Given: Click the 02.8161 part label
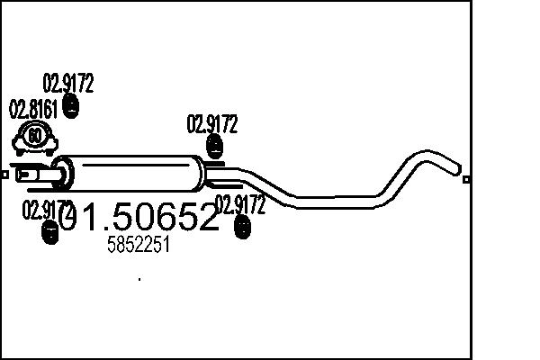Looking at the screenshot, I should (33, 111).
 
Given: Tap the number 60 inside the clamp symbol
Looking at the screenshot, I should (34, 137).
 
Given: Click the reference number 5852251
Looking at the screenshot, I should (138, 246).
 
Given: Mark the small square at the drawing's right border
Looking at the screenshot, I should (466, 179).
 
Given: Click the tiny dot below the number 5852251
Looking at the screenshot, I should (139, 279).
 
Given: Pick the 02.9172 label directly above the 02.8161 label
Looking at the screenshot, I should (68, 85).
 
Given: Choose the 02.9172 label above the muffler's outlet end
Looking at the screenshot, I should (211, 124).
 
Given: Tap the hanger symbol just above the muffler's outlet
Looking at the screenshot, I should (214, 146).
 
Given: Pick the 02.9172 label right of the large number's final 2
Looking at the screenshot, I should (240, 205).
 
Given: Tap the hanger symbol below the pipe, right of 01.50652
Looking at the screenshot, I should (241, 229).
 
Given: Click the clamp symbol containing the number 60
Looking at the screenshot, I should (34, 139).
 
